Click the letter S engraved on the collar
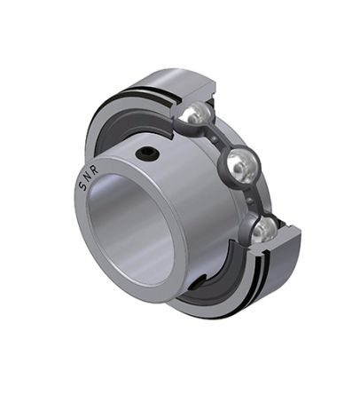coord(82,186)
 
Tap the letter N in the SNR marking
coord(88,177)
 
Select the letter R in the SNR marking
coord(95,171)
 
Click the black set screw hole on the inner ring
coord(147,153)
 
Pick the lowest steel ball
coord(264,231)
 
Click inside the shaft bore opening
coord(130,229)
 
